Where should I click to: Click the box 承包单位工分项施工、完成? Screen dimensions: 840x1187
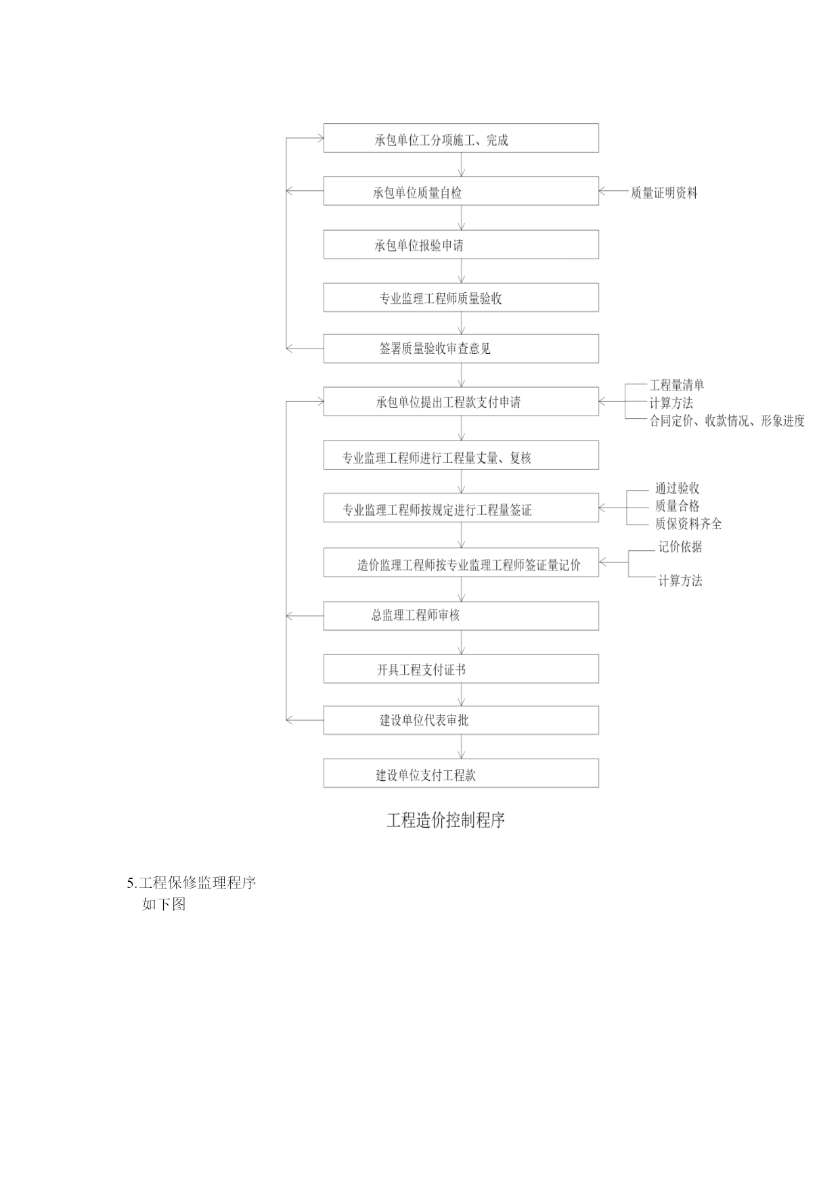pos(461,138)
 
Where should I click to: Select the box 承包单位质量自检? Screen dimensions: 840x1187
pos(461,191)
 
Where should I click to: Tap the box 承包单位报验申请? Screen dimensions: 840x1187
pos(461,244)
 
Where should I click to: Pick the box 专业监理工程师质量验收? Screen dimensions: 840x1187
pos(461,297)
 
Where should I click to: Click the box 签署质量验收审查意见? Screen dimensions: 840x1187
pos(461,349)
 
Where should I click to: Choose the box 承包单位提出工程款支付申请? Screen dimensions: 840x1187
pos(461,401)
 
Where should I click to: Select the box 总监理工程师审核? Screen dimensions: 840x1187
pos(461,616)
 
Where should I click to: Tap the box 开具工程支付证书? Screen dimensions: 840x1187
pos(461,669)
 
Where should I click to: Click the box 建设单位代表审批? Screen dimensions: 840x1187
pos(461,720)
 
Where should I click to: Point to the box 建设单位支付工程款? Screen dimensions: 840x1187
pos(461,773)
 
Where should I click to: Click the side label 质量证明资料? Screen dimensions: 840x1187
pos(664,193)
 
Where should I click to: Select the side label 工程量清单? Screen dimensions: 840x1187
pos(677,385)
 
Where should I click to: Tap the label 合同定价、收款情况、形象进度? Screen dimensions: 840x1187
pos(728,421)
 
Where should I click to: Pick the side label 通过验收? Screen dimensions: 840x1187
pos(677,489)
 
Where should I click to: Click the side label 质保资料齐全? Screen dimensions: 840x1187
pos(688,524)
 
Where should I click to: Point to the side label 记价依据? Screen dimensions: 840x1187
pos(680,547)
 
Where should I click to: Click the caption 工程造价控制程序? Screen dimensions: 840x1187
pos(446,820)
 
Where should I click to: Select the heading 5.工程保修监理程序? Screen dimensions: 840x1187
pos(192,882)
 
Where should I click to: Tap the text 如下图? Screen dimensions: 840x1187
pos(164,904)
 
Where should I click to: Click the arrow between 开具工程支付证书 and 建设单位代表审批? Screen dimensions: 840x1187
pos(462,694)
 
